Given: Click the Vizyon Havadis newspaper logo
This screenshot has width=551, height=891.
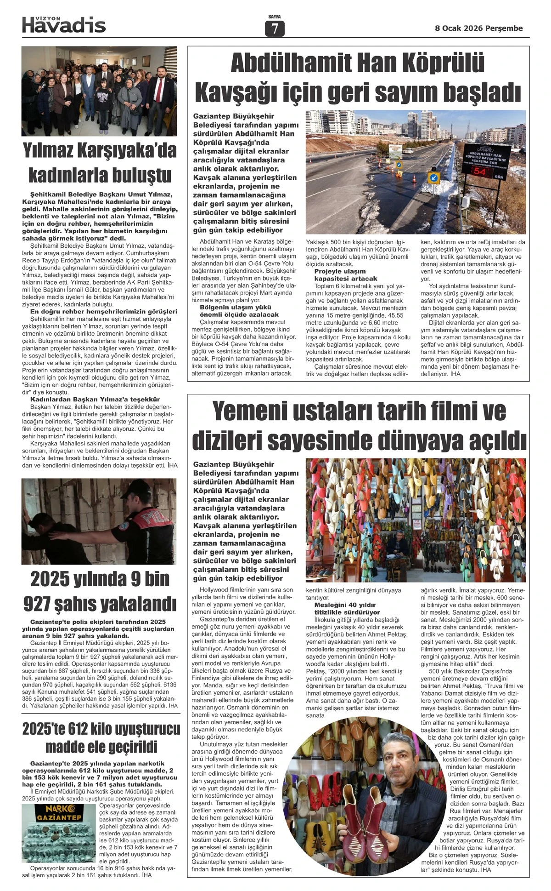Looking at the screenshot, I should pos(64,24).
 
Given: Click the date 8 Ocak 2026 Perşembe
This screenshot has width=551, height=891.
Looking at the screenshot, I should pos(478,29).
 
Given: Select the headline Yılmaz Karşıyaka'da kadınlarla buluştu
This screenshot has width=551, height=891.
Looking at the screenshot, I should pos(99,163).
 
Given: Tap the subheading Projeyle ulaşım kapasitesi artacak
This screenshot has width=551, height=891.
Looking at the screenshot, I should pos(346,275).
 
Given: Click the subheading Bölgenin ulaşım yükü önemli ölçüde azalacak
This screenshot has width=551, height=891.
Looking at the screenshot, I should pos(239,311).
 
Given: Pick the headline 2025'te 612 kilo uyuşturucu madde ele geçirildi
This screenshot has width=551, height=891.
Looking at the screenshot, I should pos(101,738).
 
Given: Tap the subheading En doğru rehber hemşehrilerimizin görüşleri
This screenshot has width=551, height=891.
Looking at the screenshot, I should pos(100,312).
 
